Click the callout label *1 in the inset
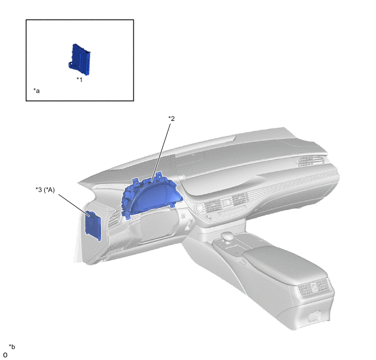(x=79, y=79)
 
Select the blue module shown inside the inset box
(x=79, y=59)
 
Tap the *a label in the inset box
(x=37, y=91)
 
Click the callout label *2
(x=172, y=118)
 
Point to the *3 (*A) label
(x=45, y=190)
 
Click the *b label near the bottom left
(x=12, y=347)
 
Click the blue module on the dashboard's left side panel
(x=93, y=225)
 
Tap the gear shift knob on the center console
(x=228, y=236)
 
